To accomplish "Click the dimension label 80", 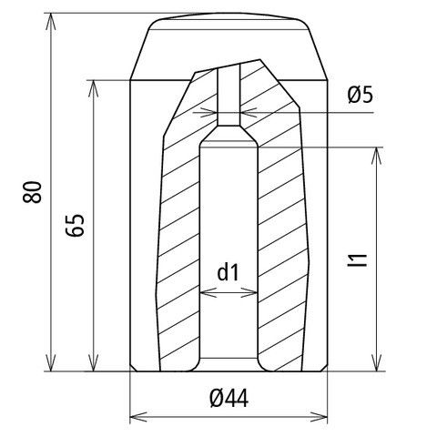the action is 32,192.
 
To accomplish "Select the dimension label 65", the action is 75,225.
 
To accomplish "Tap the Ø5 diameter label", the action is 361,96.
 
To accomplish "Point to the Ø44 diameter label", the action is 229,398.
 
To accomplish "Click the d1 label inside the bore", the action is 229,272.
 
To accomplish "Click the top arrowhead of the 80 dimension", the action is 51,21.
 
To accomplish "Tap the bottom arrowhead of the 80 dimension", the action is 51,362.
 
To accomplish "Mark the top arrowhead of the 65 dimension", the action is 93,88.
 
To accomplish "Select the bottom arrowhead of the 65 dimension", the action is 93,362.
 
